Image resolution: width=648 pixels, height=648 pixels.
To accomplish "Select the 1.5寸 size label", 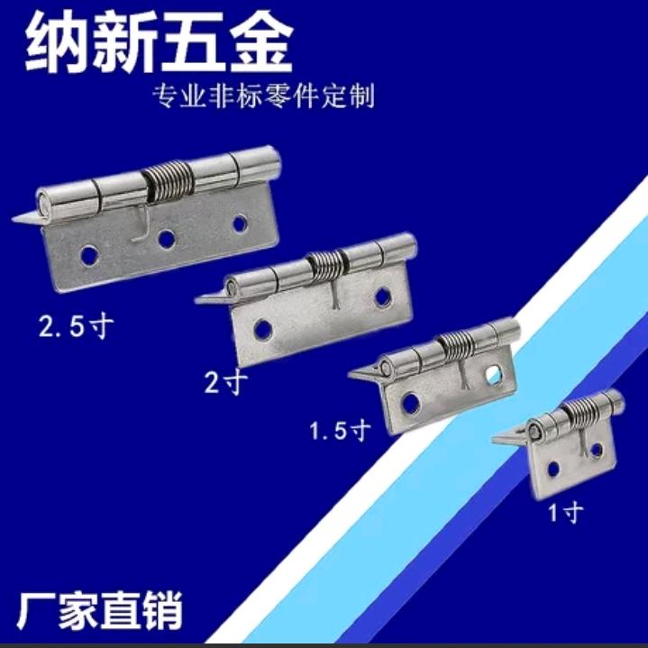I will [340, 432].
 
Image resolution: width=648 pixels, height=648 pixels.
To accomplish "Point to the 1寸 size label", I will [567, 513].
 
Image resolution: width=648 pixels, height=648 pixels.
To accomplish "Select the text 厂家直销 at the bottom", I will [99, 610].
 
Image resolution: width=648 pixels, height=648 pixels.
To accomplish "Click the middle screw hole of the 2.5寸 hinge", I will [166, 239].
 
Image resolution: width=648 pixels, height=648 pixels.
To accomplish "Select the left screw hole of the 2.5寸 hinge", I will [89, 255].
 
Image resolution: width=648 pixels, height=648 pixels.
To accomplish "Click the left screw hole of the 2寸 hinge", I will [263, 330].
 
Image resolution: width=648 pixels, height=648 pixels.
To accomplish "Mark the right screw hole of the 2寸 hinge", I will [383, 297].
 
